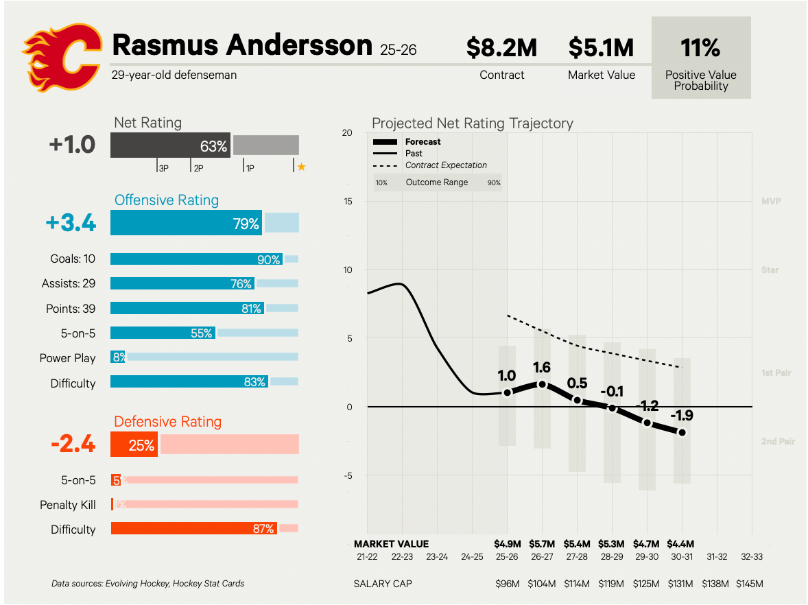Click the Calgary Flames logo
coord(61,58)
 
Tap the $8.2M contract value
coord(501,48)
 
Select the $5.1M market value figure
coord(602,48)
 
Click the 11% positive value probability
coord(700,48)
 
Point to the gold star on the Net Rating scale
coord(301,167)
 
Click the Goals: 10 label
coord(73,259)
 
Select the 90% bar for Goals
coord(196,259)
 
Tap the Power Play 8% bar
coord(118,357)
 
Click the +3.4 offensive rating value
coord(71,223)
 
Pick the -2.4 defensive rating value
coord(73,444)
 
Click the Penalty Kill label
coord(68,505)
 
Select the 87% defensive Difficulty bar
coord(193,529)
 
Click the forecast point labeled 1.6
coord(542,385)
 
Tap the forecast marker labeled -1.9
coord(682,432)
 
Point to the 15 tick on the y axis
coord(348,202)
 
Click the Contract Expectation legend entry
coord(446,165)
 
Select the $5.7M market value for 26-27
coord(542,544)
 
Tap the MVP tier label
coord(771,202)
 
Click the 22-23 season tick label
coord(402,557)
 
